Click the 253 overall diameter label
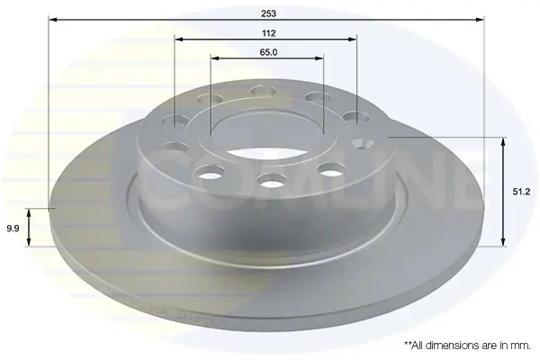tap(268, 13)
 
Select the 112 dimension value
tap(268, 33)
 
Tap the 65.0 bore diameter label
tap(268, 52)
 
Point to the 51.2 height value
tap(521, 192)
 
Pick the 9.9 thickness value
tap(13, 229)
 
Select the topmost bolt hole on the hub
tap(264, 91)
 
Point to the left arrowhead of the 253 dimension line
tap(53, 20)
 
